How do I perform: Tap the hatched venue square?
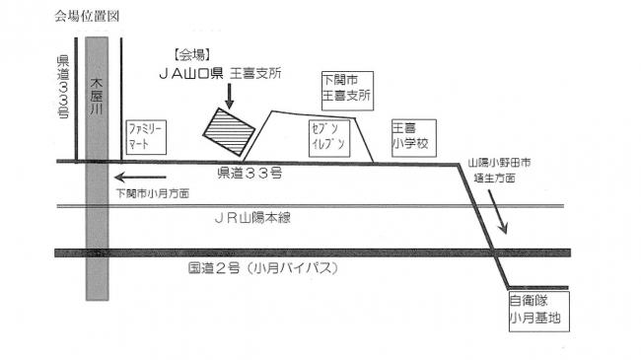tap(229, 129)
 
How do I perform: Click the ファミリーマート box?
tap(147, 136)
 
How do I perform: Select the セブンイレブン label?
tap(329, 136)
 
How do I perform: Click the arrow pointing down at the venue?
tap(229, 96)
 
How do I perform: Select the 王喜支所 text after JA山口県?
tap(255, 73)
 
